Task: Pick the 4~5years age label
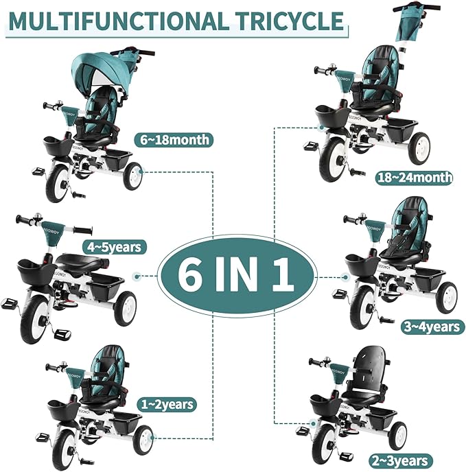[115, 247]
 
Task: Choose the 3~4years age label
[432, 327]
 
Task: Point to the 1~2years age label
[167, 404]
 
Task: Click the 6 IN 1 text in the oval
[237, 276]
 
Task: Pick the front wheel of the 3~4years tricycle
[363, 307]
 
